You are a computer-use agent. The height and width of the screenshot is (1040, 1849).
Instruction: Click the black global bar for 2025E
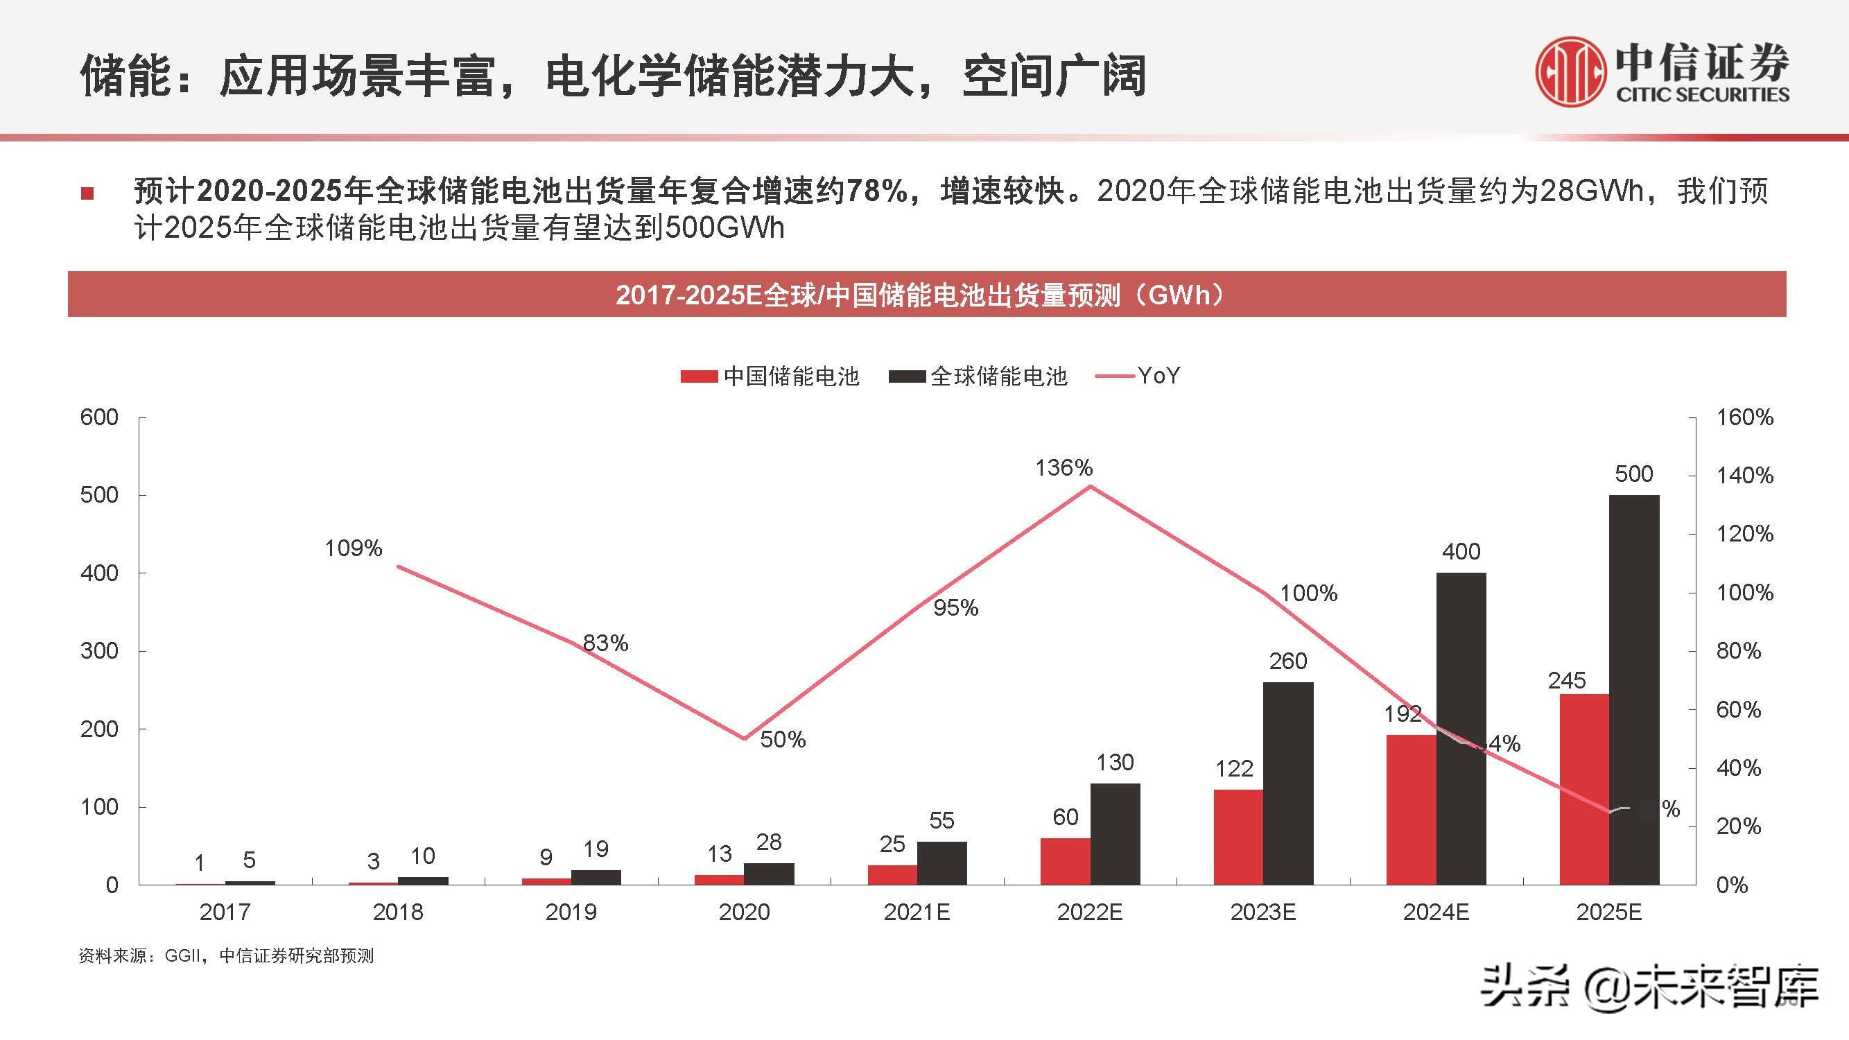[1634, 689]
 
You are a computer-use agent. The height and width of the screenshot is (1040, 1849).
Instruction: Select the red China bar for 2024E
[1411, 810]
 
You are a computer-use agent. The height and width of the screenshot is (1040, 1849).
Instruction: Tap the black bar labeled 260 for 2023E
[1287, 783]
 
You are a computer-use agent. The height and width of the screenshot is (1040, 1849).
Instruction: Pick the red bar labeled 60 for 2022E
[1065, 860]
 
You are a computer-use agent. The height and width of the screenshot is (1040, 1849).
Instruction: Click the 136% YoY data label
[1064, 468]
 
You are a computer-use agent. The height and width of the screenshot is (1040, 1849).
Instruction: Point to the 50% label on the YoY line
[783, 739]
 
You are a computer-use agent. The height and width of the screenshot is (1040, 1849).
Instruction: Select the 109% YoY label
[353, 548]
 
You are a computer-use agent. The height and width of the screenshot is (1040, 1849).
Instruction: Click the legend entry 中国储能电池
[770, 376]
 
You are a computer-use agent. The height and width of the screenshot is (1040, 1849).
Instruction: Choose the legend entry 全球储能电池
[978, 376]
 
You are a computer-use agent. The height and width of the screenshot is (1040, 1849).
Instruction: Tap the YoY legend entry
[1138, 375]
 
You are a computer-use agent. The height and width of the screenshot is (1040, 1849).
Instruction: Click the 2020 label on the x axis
[744, 912]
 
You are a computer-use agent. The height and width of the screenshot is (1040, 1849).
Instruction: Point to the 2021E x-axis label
[917, 912]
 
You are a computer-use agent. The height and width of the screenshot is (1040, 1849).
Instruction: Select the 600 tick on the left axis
[99, 417]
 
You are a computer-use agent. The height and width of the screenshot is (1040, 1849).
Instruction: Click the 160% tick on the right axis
[1744, 417]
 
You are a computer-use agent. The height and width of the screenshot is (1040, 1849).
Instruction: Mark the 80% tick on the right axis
[1739, 651]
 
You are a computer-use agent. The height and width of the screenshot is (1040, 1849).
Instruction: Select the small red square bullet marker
[87, 193]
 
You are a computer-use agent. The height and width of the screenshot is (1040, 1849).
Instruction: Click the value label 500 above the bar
[1633, 474]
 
